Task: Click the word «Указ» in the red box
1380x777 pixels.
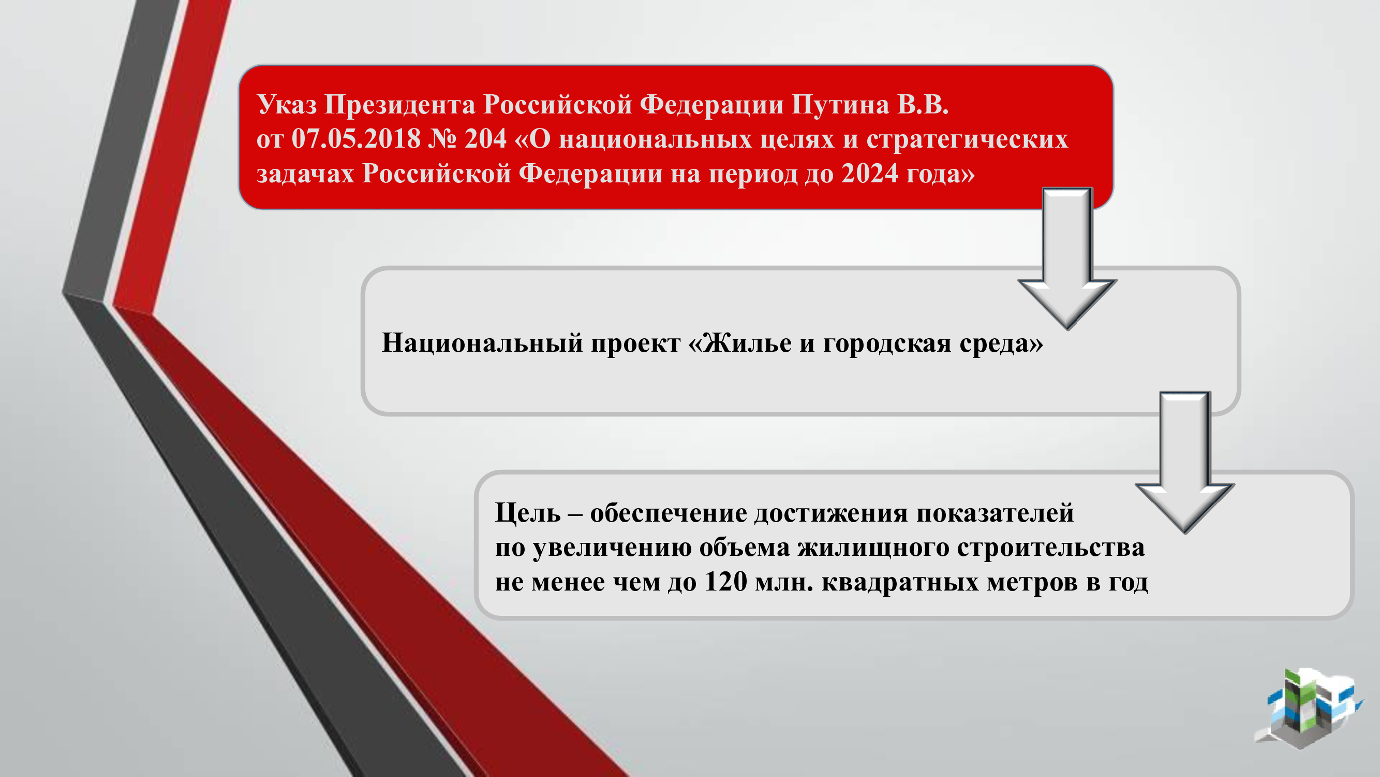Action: [287, 105]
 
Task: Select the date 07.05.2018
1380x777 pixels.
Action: [355, 139]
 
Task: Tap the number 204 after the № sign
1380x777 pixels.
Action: [485, 139]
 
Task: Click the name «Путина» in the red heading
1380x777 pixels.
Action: [840, 105]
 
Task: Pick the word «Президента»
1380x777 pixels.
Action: [399, 105]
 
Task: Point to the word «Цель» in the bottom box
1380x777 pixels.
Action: [528, 513]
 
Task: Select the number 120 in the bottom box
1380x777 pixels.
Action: [725, 582]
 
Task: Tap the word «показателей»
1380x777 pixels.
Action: [995, 513]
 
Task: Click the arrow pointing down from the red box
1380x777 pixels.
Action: [1067, 258]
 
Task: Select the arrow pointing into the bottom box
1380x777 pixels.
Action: [1184, 462]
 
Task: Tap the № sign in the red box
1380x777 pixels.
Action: [442, 139]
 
